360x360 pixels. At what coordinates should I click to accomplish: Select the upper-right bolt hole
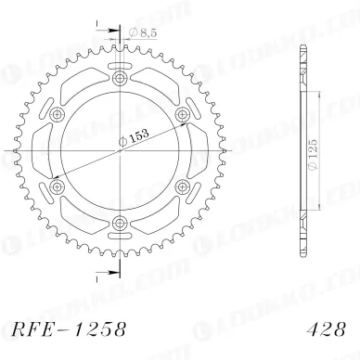(180, 113)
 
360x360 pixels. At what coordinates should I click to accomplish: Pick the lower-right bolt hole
(180, 184)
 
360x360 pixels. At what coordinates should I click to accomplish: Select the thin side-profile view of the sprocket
(302, 149)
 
